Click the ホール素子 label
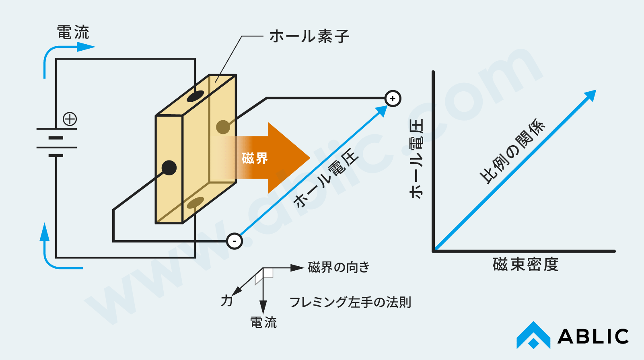(x=309, y=36)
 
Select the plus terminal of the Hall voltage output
(x=393, y=99)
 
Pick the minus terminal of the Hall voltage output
(x=234, y=241)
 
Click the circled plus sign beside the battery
(x=70, y=119)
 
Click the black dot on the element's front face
(x=169, y=168)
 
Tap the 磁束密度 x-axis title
(x=525, y=265)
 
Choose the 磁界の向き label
(x=338, y=267)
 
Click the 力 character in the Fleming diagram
(x=227, y=300)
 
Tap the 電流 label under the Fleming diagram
(x=263, y=322)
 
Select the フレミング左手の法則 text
(x=350, y=302)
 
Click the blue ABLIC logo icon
(x=533, y=335)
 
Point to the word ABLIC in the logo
(x=593, y=337)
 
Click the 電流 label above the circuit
(x=73, y=32)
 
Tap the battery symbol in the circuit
(x=56, y=142)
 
